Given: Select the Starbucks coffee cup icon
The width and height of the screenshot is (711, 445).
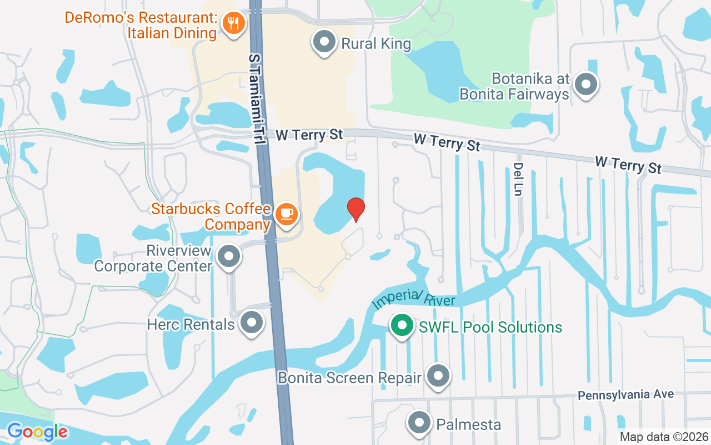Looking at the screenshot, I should click(x=286, y=214).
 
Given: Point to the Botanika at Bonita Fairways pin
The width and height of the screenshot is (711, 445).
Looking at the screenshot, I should click(x=585, y=85).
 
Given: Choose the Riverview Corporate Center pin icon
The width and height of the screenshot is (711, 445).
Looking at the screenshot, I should click(x=228, y=257).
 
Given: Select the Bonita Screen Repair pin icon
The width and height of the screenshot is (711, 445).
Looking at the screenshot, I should click(x=438, y=377).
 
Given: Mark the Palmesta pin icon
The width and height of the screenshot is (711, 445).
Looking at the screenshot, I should click(x=419, y=423).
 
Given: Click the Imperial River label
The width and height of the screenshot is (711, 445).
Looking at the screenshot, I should click(x=414, y=299).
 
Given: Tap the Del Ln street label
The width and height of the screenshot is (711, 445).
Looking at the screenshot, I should click(x=518, y=179).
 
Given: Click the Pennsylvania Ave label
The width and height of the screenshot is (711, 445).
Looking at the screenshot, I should click(x=625, y=395).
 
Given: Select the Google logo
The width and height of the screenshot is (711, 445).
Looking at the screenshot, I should click(x=37, y=432).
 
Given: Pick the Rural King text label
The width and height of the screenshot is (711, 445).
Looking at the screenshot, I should click(x=376, y=43).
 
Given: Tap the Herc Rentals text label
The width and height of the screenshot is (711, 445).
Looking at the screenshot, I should click(x=191, y=324).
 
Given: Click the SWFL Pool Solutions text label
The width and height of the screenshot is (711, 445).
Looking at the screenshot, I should click(x=490, y=327).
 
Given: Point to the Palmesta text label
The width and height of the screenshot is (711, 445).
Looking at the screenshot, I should click(x=469, y=424).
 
